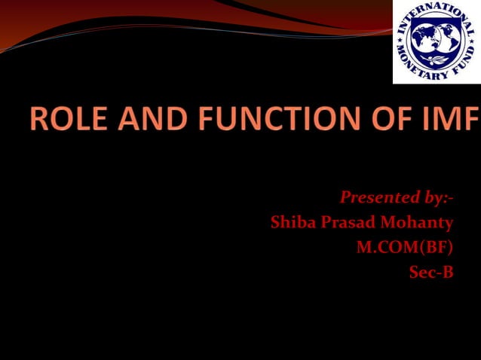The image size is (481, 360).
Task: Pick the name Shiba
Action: coord(292,223)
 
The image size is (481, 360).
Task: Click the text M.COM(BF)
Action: coord(405,248)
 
